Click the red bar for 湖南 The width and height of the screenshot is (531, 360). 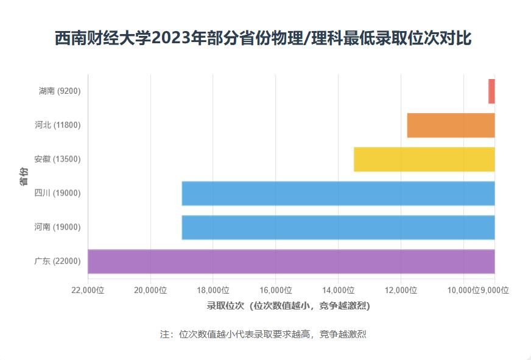point(491,91)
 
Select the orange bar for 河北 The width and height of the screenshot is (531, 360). point(451,125)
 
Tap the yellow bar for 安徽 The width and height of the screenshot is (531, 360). point(424,159)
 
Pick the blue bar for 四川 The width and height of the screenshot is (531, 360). point(338,193)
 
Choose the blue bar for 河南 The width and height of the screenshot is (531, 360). point(338,227)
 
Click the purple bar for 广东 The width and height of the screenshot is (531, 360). point(291,261)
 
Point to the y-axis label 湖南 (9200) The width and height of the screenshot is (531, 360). point(59,91)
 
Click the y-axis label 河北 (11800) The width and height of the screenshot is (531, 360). point(57,125)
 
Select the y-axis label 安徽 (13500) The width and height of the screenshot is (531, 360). point(57,159)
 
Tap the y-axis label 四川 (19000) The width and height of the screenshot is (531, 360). point(57,193)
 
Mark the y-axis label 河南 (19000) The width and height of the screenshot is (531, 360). point(57,227)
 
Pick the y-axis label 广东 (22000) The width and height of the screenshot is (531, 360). point(57,261)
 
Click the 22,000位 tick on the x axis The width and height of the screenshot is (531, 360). point(88,291)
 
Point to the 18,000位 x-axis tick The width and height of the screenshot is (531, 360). point(213,291)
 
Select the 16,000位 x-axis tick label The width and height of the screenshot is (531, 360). point(276,291)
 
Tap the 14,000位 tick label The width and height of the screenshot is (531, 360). point(339,291)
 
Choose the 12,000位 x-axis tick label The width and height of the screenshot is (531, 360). point(401,291)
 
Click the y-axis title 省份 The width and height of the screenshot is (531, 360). point(23,176)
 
